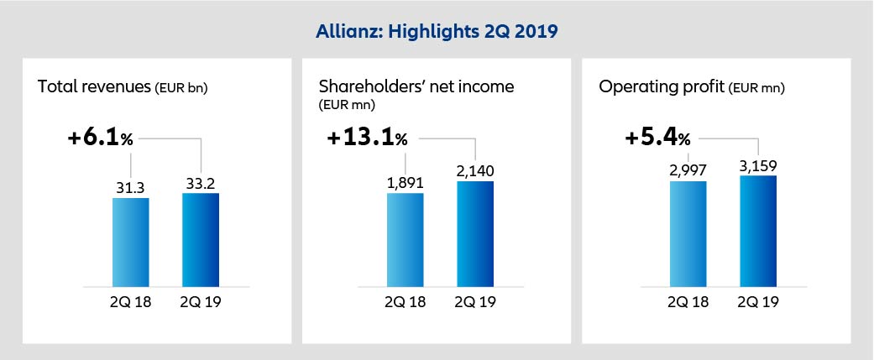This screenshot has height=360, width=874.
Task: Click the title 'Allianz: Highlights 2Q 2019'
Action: [437, 32]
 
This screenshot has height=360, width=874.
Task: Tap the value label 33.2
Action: [200, 182]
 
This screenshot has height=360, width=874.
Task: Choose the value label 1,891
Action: [406, 182]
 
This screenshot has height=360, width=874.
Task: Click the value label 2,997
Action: [688, 170]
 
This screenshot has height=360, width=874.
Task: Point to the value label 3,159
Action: [757, 164]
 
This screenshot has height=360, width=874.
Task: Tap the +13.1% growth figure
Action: [365, 138]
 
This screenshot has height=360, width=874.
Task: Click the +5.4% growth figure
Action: [658, 138]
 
